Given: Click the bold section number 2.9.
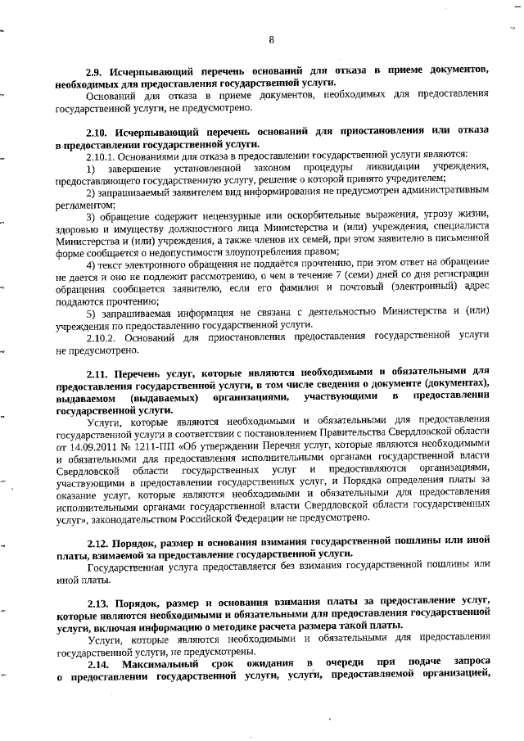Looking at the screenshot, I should (97, 71).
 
